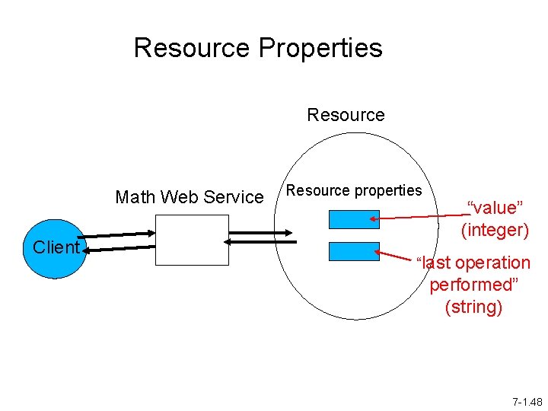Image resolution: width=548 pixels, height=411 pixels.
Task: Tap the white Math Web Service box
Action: coord(192,240)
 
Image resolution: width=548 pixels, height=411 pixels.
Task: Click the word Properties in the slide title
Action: coord(320,48)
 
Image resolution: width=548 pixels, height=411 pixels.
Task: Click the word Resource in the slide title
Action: coord(193,48)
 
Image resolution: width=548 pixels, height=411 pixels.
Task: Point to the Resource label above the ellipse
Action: coord(346,115)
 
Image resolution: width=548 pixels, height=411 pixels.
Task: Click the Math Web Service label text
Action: coord(189,197)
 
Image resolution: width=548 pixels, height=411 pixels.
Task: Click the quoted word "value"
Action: coord(495,208)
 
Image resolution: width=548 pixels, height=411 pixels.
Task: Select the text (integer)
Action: coord(495,230)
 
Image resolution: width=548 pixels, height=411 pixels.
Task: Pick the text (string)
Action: coord(473,307)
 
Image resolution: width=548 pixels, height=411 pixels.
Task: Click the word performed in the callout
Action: coord(473,285)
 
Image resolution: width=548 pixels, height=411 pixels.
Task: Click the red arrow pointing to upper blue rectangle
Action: coord(419,218)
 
